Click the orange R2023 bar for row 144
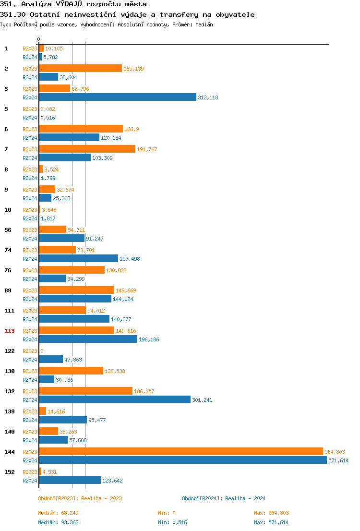pyautogui.click(x=181, y=451)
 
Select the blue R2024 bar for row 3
pyautogui.click(x=118, y=97)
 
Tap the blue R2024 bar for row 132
pyautogui.click(x=115, y=399)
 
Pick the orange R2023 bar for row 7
pyautogui.click(x=87, y=149)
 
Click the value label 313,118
pyautogui.click(x=208, y=97)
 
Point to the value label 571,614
pyautogui.click(x=338, y=460)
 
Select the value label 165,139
pyautogui.click(x=134, y=69)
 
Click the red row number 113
pyautogui.click(x=10, y=331)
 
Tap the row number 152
pyautogui.click(x=10, y=472)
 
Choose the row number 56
pyautogui.click(x=8, y=230)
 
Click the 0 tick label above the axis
pyautogui.click(x=39, y=39)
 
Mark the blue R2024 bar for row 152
pyautogui.click(x=70, y=480)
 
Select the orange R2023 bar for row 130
pyautogui.click(x=71, y=371)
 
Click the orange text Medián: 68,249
pyautogui.click(x=59, y=513)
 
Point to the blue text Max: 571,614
pyautogui.click(x=271, y=522)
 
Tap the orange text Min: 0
pyautogui.click(x=167, y=513)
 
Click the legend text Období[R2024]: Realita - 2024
pyautogui.click(x=224, y=498)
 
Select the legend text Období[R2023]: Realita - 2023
pyautogui.click(x=80, y=498)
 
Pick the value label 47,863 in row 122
pyautogui.click(x=74, y=360)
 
